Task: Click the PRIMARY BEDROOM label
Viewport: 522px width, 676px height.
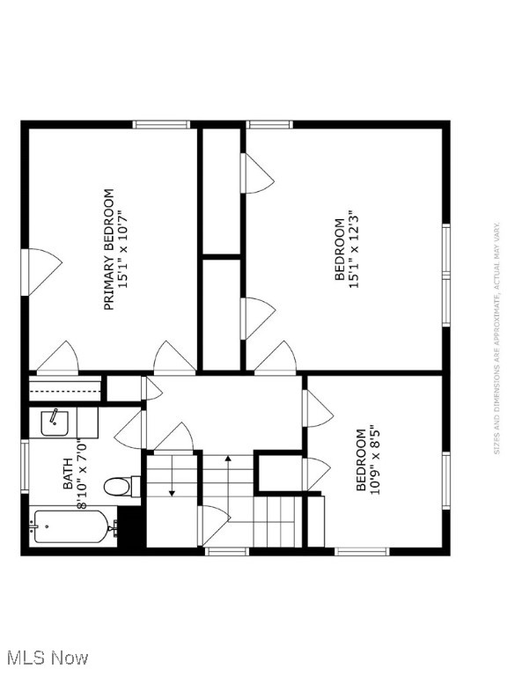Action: pos(109,249)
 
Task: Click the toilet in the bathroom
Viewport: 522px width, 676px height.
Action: pos(120,486)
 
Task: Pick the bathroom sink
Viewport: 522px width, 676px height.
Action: pos(55,423)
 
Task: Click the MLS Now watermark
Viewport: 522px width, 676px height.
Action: pos(45,658)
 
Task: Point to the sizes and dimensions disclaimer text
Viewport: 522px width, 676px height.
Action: pos(497,338)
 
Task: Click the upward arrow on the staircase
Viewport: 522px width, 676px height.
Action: pos(228,459)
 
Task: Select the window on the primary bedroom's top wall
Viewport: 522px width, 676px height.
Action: pos(162,125)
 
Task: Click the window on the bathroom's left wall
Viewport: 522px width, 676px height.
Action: pos(25,467)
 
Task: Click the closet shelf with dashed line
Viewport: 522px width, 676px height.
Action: pos(66,389)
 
